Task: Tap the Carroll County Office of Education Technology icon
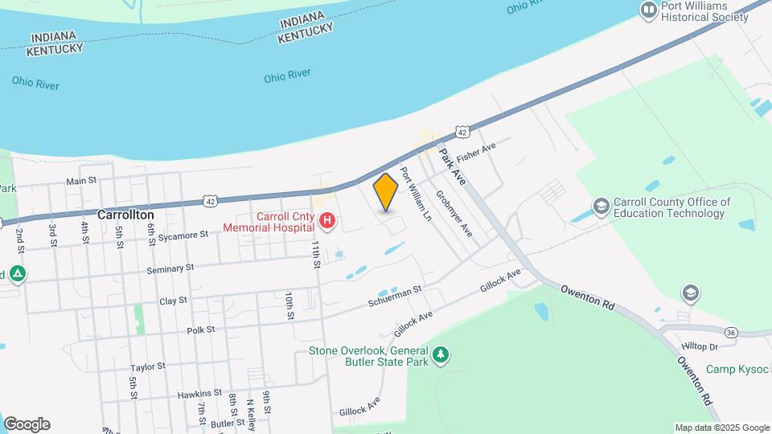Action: (x=601, y=207)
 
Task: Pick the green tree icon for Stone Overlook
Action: (x=440, y=354)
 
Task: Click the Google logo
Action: (x=27, y=424)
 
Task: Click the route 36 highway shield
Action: (x=730, y=332)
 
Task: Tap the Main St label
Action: (x=81, y=182)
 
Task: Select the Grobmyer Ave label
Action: (x=454, y=213)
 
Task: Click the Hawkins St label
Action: (x=199, y=393)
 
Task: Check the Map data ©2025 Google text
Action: (x=721, y=428)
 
